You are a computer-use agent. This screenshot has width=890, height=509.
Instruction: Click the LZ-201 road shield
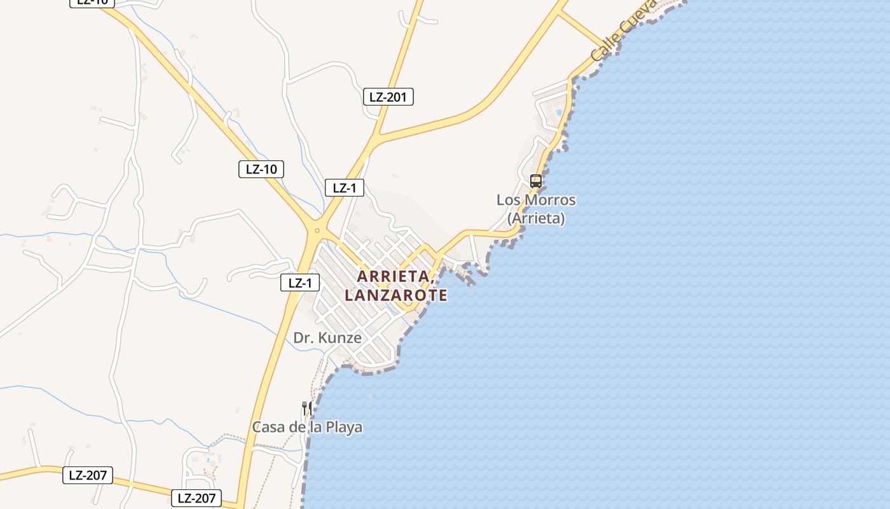388,97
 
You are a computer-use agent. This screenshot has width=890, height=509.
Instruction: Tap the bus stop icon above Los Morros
536,181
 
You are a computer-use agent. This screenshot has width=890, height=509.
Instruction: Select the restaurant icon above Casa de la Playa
306,408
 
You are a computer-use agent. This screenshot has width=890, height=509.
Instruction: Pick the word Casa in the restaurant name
269,427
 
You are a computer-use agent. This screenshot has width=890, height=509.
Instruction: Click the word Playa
344,427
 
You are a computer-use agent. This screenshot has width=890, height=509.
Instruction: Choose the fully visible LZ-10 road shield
261,169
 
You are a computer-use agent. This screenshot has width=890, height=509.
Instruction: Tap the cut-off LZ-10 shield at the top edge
92,3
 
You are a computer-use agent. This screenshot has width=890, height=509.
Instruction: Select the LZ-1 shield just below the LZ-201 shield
345,188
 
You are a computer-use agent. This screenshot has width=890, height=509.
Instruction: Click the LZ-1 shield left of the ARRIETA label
300,283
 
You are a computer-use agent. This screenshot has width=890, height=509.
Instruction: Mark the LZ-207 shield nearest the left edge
88,475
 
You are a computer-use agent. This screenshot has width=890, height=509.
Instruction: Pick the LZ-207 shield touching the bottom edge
196,498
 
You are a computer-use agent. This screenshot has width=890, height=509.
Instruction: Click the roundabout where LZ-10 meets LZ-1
317,231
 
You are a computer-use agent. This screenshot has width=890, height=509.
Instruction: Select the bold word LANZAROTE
396,295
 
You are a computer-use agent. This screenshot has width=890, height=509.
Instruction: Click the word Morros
551,200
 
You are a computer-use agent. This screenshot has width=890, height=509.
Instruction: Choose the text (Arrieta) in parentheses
536,218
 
